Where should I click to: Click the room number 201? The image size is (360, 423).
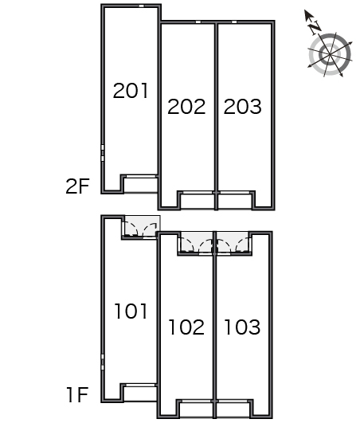tap(131, 91)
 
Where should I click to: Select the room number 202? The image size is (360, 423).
tap(186, 107)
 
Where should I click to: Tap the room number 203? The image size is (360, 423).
tap(242, 107)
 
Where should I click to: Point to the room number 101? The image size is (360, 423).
tap(131, 311)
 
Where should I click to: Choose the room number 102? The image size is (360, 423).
tap(186, 327)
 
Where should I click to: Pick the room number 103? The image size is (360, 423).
tap(242, 327)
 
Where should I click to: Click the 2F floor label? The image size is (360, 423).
tap(77, 186)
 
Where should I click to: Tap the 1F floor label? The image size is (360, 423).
tap(78, 394)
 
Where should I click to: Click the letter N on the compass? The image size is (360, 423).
tap(315, 28)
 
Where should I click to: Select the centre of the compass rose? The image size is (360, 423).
tap(330, 55)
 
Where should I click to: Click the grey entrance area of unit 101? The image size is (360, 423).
tap(141, 226)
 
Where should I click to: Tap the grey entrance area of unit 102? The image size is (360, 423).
tap(197, 241)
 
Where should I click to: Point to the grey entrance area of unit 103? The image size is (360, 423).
tap(233, 241)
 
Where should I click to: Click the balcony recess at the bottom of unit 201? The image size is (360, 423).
tap(141, 185)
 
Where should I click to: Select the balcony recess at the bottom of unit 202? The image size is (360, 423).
tap(198, 201)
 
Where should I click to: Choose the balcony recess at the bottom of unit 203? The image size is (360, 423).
tap(235, 201)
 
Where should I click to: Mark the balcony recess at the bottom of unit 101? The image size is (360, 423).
tap(140, 394)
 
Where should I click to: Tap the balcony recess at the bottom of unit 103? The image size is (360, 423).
tap(233, 409)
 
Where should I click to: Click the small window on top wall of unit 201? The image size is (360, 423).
tap(141, 6)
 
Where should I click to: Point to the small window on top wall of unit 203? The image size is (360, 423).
tap(234, 22)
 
